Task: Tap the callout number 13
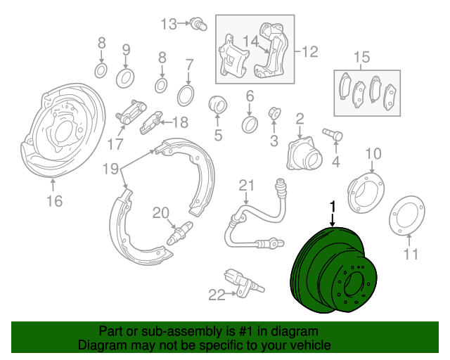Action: coord(169,24)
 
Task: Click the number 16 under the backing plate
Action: coord(54,201)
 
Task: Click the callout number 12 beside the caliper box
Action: coord(310,52)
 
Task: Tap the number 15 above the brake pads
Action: coord(361,58)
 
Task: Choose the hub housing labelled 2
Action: coord(304,154)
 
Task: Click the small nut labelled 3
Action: coord(274,113)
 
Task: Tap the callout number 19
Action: coord(110,169)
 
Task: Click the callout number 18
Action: coord(180,122)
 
